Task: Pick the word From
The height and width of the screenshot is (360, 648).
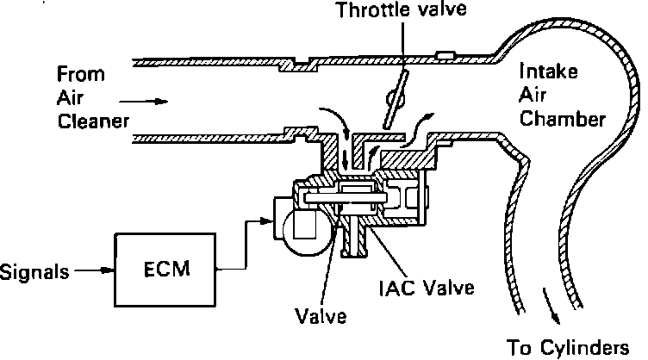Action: tap(76, 72)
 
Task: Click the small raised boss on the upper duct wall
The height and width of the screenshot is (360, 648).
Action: tap(445, 56)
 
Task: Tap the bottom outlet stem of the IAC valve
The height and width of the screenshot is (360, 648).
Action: tap(352, 245)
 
